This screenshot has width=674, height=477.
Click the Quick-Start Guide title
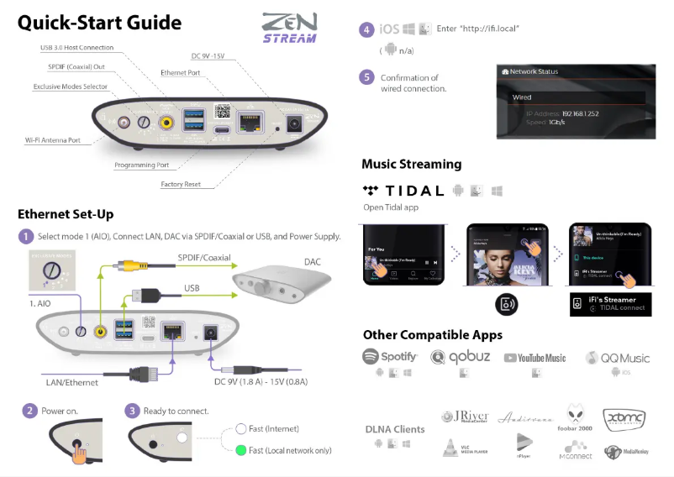pos(99,23)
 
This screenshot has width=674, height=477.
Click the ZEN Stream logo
pos(289,27)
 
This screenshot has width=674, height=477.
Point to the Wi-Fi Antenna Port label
pos(52,140)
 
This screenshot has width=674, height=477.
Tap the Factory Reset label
pos(182,184)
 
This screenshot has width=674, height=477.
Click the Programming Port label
pos(141,165)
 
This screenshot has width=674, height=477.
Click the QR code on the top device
pos(223,111)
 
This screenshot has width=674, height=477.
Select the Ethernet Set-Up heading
pos(66,214)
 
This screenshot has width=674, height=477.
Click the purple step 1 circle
pos(26,236)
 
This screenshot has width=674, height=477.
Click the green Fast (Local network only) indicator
pos(240,451)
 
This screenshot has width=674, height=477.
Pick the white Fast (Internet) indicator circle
pos(240,429)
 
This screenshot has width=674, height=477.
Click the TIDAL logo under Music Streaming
pos(403,191)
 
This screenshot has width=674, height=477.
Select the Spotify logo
pos(390,357)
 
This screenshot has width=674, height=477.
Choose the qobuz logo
pos(462,357)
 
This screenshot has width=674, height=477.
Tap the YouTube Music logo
pos(534,358)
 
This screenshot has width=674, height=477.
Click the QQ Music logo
pos(619,358)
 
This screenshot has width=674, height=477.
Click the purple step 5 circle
pos(366,77)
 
